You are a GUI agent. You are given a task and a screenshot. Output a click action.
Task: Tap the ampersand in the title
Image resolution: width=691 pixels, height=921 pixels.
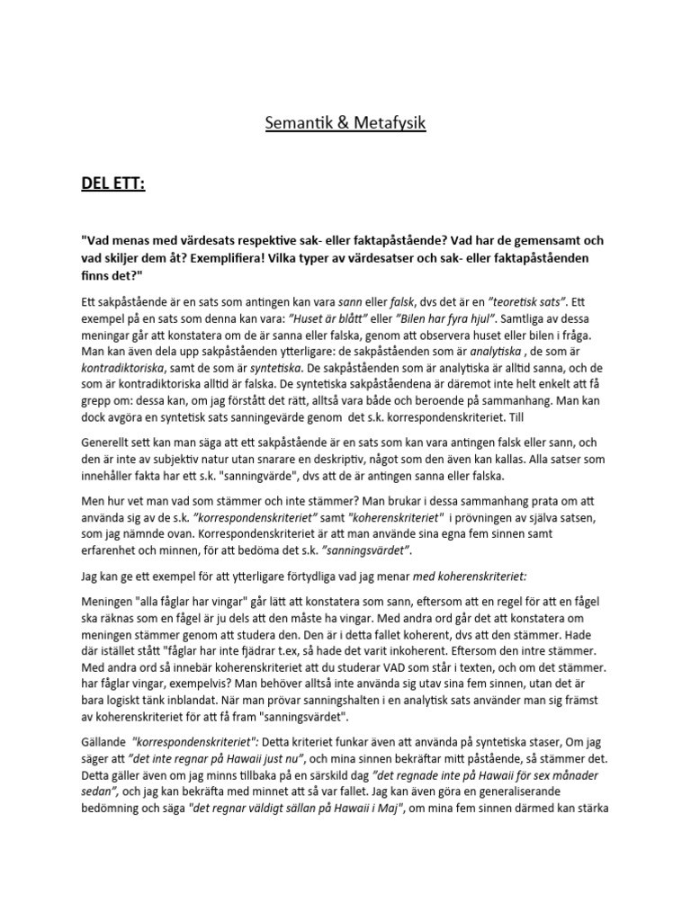point(338,122)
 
